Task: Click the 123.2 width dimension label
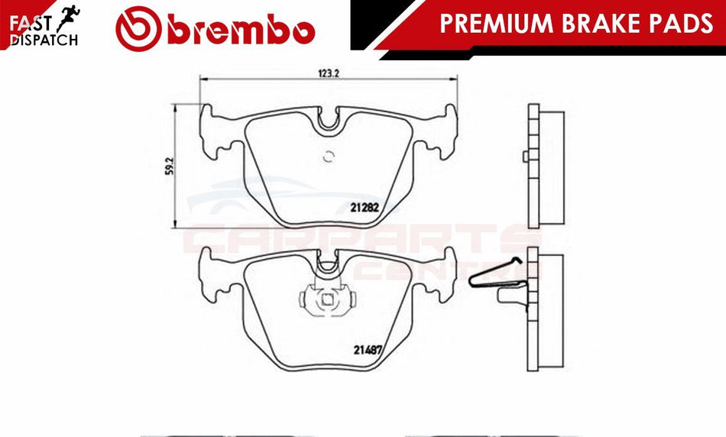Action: (x=329, y=73)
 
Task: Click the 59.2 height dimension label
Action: (x=170, y=166)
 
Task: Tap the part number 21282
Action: (x=365, y=207)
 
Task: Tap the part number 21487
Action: (x=368, y=350)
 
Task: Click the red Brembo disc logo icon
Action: (x=138, y=29)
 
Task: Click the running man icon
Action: (x=68, y=18)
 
